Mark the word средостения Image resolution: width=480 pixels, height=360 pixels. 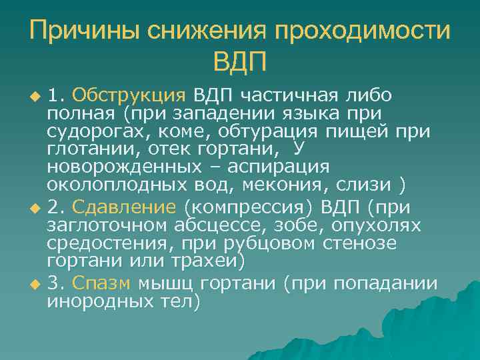(101, 245)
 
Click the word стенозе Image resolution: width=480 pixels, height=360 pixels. (360, 245)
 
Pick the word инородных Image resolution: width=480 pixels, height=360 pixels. (91, 302)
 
